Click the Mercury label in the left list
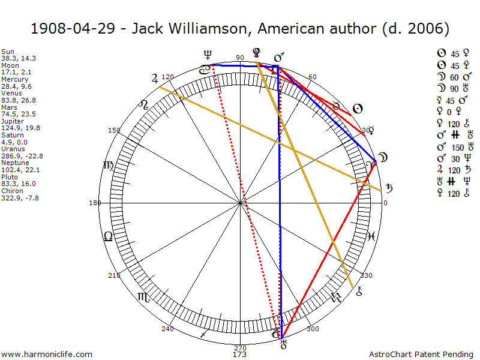15,79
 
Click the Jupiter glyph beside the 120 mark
155,77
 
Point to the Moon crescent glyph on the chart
382,158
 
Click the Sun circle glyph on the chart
356,109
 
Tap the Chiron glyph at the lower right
359,292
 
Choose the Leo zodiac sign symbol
108,236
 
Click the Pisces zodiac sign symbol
371,236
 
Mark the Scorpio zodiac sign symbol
144,296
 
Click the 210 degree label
114,275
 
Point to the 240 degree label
167,329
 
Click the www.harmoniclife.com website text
47,355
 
